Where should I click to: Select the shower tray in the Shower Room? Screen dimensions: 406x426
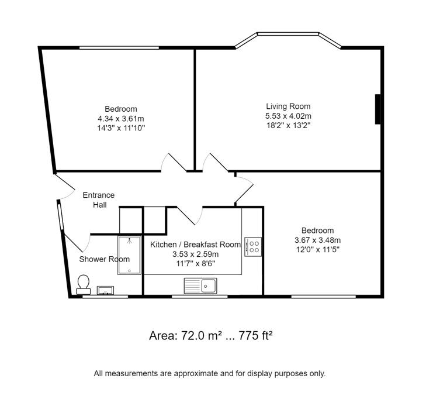(129, 255)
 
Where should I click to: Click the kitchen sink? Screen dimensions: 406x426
(200, 286)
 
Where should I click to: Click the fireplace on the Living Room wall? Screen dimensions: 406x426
(378, 109)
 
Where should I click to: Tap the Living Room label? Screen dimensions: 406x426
(288, 106)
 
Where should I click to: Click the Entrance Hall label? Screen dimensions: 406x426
(99, 200)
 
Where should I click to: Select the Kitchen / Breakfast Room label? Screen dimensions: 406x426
(195, 245)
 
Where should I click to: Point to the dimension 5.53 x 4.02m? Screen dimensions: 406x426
(288, 116)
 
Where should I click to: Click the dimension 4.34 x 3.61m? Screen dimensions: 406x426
(121, 119)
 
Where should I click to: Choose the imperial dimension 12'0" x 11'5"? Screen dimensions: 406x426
(317, 249)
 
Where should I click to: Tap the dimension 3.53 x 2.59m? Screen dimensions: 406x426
(195, 254)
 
